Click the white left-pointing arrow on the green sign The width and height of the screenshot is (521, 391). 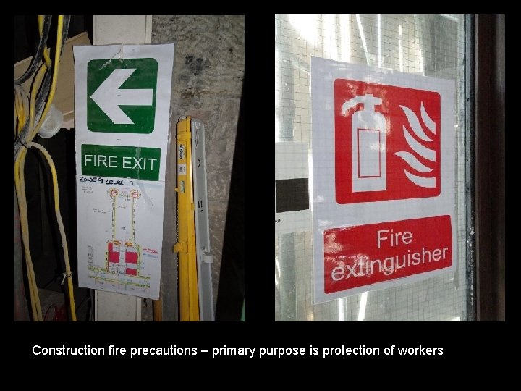tap(121, 96)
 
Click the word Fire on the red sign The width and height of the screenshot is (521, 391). tap(394, 238)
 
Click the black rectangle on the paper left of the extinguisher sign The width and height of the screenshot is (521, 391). tap(292, 194)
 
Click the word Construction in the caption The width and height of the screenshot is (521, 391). tap(68, 350)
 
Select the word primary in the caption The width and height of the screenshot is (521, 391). tap(232, 350)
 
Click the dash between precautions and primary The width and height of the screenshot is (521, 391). tap(204, 350)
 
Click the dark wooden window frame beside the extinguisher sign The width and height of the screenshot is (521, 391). tap(489, 167)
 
